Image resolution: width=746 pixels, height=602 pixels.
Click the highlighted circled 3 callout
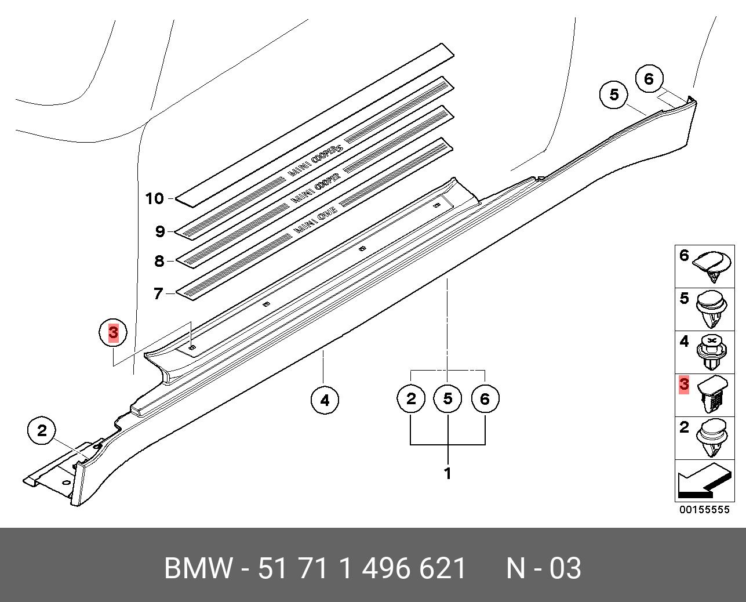(113, 333)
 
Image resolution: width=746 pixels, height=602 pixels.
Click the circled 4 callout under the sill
(325, 400)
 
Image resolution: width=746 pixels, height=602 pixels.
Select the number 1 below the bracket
(447, 473)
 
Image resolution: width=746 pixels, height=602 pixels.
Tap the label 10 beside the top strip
(155, 199)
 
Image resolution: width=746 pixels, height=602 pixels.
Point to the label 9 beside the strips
(160, 232)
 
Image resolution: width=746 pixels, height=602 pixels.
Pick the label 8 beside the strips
(159, 261)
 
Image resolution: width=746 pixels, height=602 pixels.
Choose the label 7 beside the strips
(158, 294)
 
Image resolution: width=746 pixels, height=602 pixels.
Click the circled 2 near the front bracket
(42, 431)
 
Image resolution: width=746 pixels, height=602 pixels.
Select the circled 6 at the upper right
(649, 78)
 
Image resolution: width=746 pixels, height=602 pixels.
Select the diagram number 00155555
(704, 510)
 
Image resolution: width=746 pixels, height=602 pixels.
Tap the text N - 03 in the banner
(543, 568)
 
